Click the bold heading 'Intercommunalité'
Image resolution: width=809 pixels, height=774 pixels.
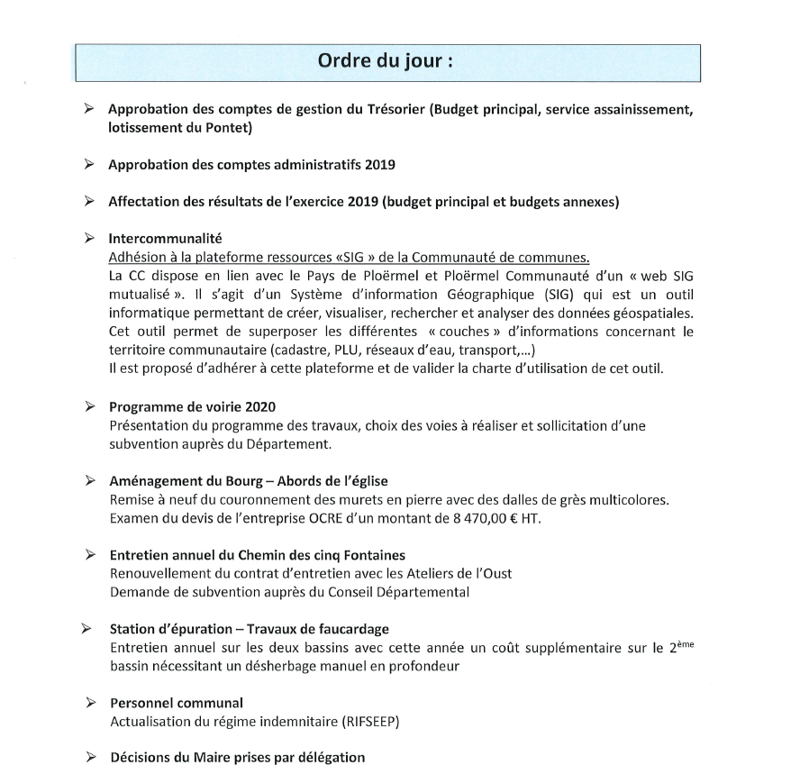coord(165,239)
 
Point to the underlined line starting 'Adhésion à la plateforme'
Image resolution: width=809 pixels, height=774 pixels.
coord(349,257)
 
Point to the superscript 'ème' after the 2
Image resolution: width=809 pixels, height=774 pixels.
coord(688,643)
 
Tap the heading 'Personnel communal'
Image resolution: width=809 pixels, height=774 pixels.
coord(176,702)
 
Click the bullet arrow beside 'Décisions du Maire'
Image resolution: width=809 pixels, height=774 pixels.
coord(91,757)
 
